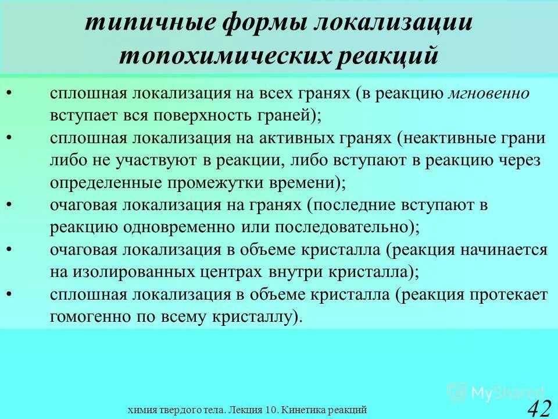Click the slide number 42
pos(538,408)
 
